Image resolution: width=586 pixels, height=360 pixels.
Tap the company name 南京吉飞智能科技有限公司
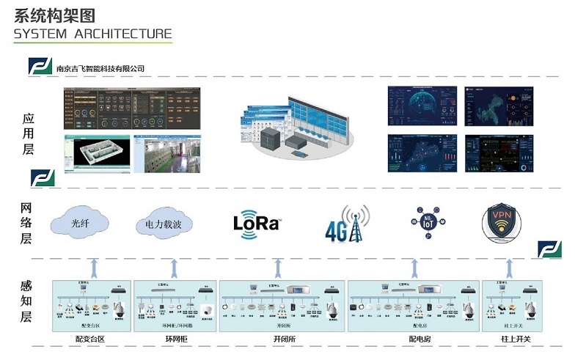(100, 68)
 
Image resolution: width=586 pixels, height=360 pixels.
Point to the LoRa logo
(257, 222)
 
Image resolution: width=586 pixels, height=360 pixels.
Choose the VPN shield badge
(506, 221)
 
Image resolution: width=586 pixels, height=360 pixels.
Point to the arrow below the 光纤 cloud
(93, 265)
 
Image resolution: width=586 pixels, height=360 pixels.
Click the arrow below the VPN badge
(508, 265)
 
